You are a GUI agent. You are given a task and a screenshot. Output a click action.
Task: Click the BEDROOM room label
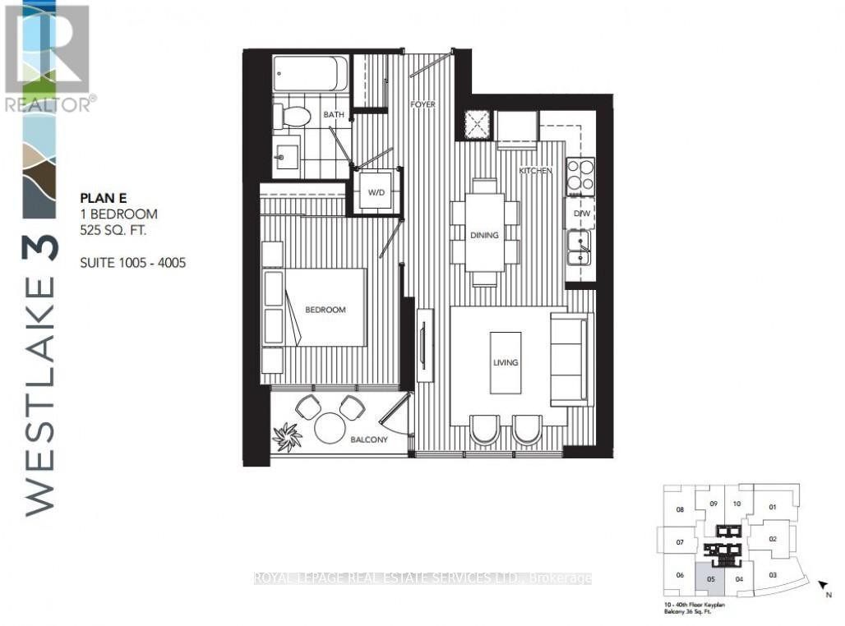pos(325,310)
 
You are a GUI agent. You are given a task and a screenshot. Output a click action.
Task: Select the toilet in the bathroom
pos(292,116)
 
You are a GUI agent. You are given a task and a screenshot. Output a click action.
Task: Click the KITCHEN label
pos(534,170)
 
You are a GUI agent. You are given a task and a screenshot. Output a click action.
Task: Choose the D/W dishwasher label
pos(581,214)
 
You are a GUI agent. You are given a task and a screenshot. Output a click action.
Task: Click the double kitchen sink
pos(580,247)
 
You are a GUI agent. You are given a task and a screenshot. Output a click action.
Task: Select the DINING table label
pos(485,235)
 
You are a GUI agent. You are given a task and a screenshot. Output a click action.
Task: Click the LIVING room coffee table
pos(506,362)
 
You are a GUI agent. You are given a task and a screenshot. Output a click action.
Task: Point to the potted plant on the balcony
pos(287,436)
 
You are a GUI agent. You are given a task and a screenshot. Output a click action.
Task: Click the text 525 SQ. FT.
pos(113,231)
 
